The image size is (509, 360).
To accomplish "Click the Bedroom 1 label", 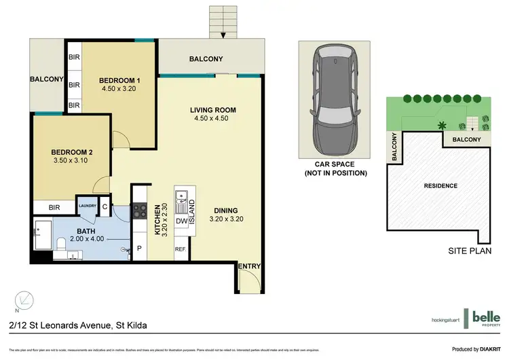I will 119,78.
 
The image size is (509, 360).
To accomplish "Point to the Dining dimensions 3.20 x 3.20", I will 225,219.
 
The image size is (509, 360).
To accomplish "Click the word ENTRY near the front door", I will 248,266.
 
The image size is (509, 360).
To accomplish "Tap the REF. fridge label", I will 181,250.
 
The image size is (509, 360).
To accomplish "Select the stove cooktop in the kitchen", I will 139,211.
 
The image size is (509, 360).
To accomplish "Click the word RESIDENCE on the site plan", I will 441,185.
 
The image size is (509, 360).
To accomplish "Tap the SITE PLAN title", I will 471,251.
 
